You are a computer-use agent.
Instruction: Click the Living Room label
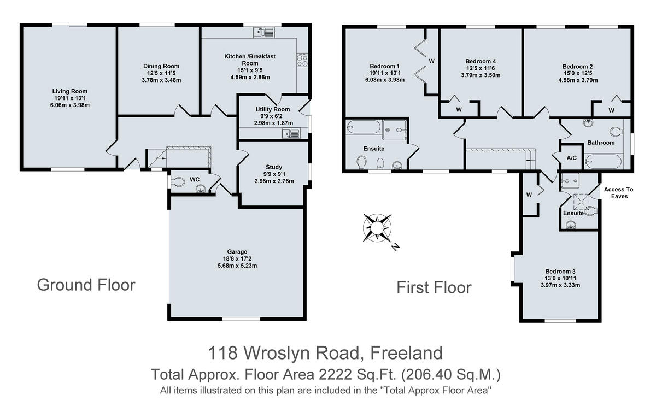point(70,91)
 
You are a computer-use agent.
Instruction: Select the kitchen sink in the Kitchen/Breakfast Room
point(265,33)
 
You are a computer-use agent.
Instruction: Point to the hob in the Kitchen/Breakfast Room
point(302,60)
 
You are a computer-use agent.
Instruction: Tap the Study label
point(274,167)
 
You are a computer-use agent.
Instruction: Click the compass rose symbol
point(378,227)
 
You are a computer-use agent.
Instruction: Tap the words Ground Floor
point(86,285)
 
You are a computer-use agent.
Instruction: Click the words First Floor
point(434,287)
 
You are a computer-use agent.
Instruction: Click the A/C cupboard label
point(572,158)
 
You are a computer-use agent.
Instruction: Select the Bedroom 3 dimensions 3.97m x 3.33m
point(560,285)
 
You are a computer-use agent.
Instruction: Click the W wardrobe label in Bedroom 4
point(459,109)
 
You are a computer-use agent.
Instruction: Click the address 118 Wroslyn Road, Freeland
point(325,353)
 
